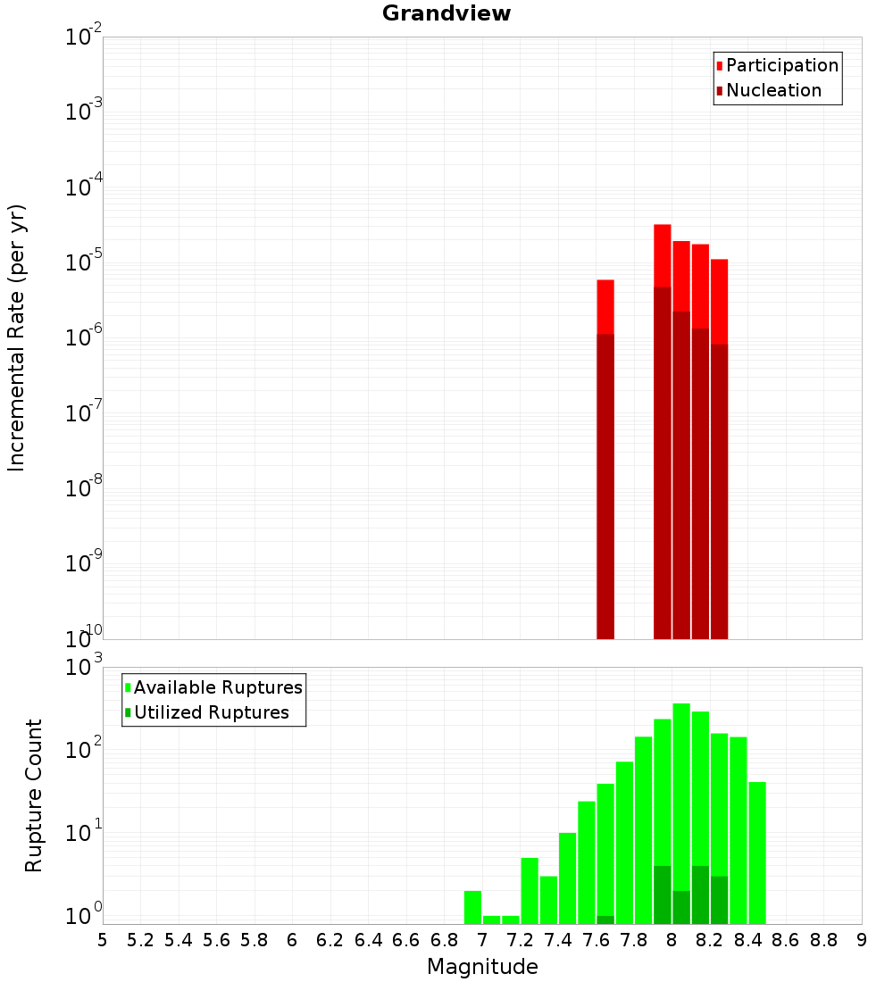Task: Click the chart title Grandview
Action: coord(446,13)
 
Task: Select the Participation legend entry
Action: coord(781,65)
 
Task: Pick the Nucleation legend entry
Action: coord(772,90)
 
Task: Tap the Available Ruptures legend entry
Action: coord(217,687)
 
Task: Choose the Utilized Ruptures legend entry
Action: coord(211,712)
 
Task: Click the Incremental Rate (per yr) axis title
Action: coord(17,337)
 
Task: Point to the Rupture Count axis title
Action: coord(34,795)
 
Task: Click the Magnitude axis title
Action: coord(482,967)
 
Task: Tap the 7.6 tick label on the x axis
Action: coord(596,940)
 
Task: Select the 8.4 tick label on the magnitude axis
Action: coord(747,940)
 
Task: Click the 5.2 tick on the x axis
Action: coord(140,940)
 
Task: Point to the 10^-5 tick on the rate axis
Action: coord(82,263)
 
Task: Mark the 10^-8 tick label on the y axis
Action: coord(82,489)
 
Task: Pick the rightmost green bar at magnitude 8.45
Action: coord(757,848)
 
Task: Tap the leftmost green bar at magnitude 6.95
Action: coord(472,906)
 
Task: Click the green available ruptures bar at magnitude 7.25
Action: coord(530,888)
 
